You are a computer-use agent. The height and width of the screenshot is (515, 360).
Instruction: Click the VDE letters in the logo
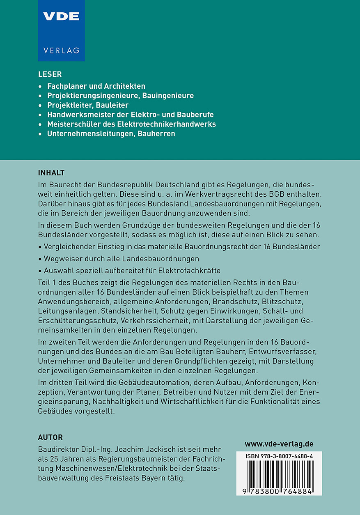(61, 16)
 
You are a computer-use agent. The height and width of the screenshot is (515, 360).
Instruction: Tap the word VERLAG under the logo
(61, 51)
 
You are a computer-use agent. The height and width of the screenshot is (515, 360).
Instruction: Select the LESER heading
(50, 74)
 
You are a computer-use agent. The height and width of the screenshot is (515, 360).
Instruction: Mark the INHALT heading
(51, 172)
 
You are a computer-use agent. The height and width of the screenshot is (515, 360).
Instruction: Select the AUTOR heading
(50, 437)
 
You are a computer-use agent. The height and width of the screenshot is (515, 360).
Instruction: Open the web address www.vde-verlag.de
(279, 444)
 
